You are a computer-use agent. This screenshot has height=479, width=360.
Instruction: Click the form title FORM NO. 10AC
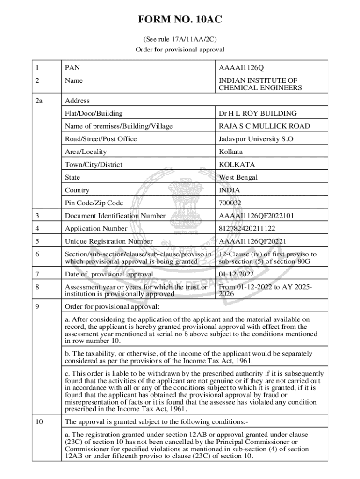[x=180, y=20]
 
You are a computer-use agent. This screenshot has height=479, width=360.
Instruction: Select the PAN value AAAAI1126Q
[x=245, y=68]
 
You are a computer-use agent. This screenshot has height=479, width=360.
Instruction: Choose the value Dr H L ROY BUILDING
[x=258, y=113]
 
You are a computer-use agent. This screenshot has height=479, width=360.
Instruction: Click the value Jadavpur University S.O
[x=256, y=139]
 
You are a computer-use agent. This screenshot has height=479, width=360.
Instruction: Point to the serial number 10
[x=40, y=421]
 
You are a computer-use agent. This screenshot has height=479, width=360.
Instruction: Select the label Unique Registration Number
[x=109, y=241]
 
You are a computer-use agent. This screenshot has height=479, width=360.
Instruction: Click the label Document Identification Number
[x=115, y=216]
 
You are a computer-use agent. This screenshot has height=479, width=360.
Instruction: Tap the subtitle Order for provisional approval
[x=180, y=50]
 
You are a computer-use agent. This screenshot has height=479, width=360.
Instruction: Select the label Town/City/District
[x=94, y=165]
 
